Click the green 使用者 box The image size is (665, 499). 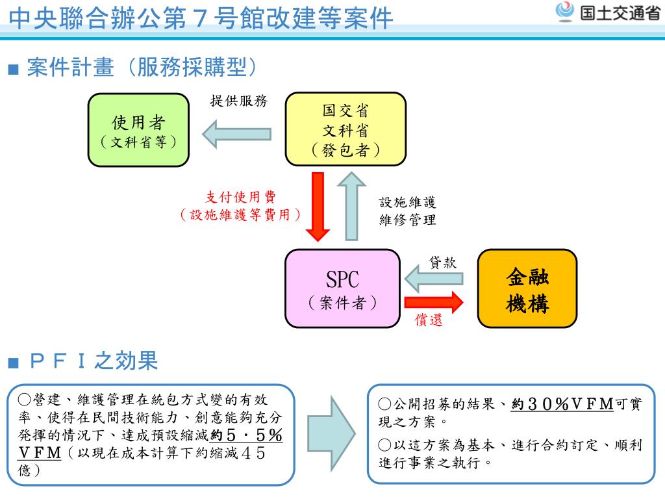click(138, 129)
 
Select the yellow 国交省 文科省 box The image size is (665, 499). click(345, 129)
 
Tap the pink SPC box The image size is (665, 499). click(342, 288)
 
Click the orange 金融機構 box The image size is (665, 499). click(527, 288)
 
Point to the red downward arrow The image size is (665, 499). click(318, 205)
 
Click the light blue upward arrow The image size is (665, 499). click(352, 205)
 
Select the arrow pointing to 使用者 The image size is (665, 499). click(236, 134)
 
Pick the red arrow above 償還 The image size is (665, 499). click(434, 302)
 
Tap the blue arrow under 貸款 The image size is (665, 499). click(434, 279)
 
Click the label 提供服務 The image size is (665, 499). click(238, 101)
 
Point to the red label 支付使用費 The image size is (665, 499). click(240, 198)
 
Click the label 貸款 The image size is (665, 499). click(443, 262)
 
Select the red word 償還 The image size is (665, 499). click(429, 320)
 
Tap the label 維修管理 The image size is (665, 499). click(408, 220)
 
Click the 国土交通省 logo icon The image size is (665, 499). click(566, 12)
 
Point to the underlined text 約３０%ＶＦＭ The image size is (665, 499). click(562, 404)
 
